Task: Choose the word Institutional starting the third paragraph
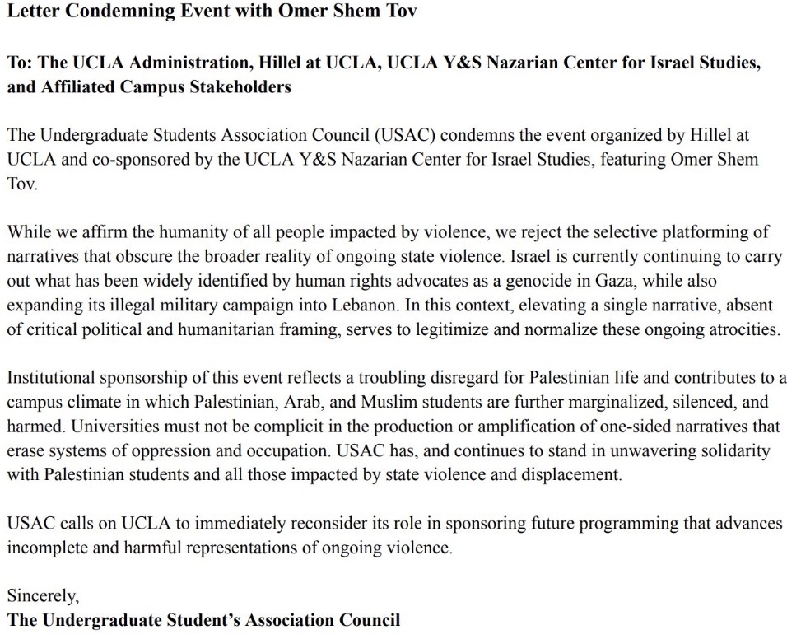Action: pyautogui.click(x=51, y=379)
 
